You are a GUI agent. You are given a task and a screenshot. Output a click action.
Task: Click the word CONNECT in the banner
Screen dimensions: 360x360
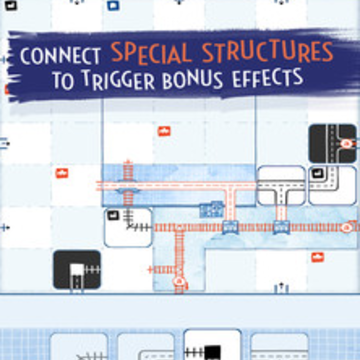(x=60, y=56)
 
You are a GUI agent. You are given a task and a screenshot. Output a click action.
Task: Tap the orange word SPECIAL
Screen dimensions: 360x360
(x=152, y=52)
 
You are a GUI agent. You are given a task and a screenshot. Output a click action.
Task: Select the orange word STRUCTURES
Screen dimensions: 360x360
(x=268, y=52)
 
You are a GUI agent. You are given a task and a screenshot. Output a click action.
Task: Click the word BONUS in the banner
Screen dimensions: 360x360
(x=193, y=79)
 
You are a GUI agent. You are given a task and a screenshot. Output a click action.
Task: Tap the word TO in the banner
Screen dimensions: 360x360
(x=63, y=80)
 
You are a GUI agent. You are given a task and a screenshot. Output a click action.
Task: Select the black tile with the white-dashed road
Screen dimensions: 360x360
(x=332, y=143)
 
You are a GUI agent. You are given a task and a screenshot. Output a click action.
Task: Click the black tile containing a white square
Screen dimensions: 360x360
(x=77, y=270)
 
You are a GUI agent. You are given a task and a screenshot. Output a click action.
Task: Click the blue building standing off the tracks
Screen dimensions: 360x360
(x=212, y=209)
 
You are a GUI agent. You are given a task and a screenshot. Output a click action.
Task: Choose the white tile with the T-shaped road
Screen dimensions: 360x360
(x=281, y=185)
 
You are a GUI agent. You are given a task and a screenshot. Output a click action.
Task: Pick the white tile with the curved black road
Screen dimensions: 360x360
(x=332, y=185)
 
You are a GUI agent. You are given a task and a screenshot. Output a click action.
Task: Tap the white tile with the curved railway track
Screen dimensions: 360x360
(x=128, y=227)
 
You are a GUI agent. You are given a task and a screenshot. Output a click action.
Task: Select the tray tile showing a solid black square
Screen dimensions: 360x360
(x=212, y=345)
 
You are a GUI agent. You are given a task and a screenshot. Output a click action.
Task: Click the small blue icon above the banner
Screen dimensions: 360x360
(x=113, y=5)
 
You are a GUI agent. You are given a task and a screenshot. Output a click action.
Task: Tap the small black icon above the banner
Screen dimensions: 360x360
(x=11, y=5)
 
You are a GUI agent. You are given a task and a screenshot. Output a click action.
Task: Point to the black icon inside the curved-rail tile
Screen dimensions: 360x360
(x=113, y=215)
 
